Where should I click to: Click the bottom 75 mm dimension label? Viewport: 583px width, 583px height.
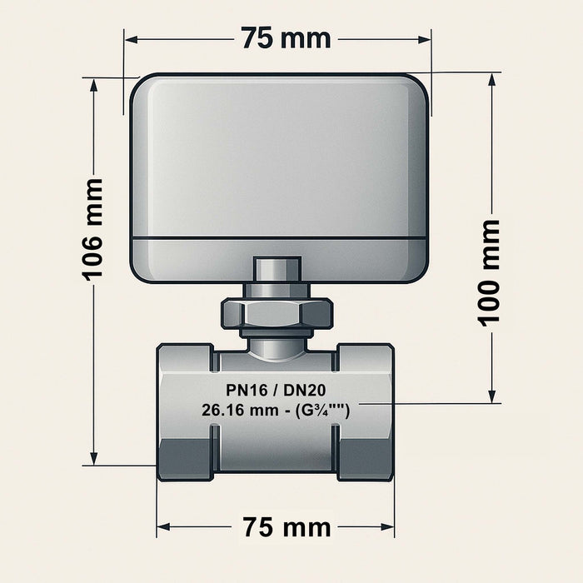point(286,527)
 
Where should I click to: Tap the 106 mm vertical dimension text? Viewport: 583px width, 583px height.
point(93,228)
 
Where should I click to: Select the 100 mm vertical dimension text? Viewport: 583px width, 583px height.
point(491,271)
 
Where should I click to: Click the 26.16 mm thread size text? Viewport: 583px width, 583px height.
point(275,410)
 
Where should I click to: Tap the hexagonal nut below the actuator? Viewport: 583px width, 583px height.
point(277,314)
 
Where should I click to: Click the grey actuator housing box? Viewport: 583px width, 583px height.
point(279,158)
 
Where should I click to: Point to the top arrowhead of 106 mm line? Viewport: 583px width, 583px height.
point(94,84)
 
